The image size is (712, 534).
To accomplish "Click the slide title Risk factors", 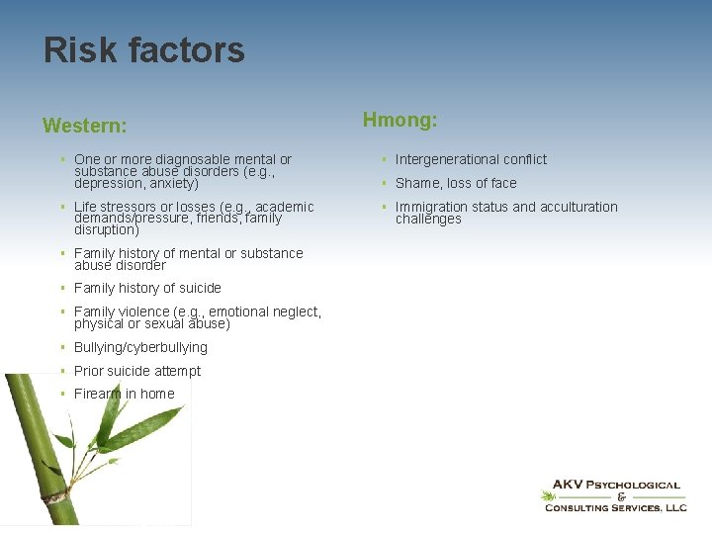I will [143, 50].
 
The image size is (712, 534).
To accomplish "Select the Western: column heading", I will [84, 127].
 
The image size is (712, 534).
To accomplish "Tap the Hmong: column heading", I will [400, 121].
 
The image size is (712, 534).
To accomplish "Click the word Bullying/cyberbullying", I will [140, 347].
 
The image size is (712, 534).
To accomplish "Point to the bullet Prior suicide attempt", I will [136, 371].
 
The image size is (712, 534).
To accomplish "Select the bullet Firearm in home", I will [124, 394].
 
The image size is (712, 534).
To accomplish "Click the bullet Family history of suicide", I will [147, 288].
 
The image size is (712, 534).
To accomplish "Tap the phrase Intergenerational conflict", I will [471, 159].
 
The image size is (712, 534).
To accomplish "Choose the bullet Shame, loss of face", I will [456, 183].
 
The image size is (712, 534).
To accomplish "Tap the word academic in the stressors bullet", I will [284, 207].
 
